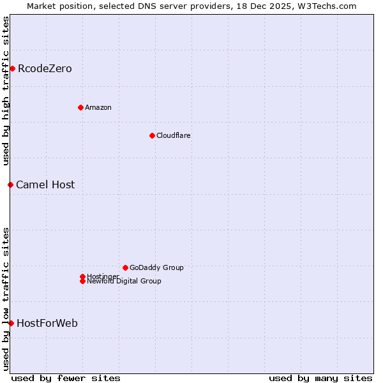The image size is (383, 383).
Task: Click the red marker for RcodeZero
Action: coord(12,68)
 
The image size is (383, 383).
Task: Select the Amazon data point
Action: coord(80,107)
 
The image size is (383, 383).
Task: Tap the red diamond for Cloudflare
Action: coord(152,135)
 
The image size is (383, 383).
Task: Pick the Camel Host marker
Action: coord(10,184)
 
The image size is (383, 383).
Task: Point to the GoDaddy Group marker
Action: coord(125,267)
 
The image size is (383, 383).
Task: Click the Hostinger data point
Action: coord(82,276)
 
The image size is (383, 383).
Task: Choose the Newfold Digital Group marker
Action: coord(82,282)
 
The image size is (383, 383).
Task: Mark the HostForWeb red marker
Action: coord(11,323)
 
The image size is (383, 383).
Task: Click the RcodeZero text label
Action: coord(45,68)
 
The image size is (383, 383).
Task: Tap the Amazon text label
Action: coord(98,107)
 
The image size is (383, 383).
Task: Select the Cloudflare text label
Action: coord(174,135)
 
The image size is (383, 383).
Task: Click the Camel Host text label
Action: coord(45,184)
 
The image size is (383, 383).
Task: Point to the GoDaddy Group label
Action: coord(156,267)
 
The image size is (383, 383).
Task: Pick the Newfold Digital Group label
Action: coord(124,282)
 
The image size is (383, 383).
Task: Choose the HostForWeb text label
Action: coord(47,323)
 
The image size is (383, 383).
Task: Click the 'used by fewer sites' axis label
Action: coord(66,378)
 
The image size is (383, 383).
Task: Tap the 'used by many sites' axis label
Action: coord(320,378)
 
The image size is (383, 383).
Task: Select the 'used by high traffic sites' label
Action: coord(6,91)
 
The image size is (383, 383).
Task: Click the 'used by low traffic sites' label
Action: coord(6,298)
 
